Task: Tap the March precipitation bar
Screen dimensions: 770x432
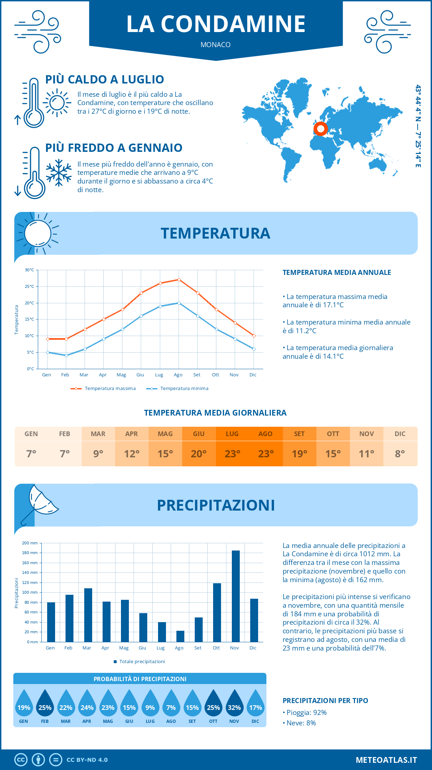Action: [x=88, y=615]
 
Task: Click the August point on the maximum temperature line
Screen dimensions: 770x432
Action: [x=179, y=280]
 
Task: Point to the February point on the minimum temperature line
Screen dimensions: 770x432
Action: [x=66, y=355]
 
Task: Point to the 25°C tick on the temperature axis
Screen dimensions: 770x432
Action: [x=30, y=286]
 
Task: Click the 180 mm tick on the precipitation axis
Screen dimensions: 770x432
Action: [x=30, y=553]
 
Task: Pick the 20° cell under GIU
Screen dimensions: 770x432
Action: [x=199, y=454]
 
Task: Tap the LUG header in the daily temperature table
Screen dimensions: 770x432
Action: [x=232, y=434]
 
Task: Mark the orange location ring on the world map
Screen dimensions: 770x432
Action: [x=320, y=128]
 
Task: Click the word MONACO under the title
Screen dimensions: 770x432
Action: [x=216, y=45]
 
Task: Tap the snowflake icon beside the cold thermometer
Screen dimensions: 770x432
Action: [x=59, y=173]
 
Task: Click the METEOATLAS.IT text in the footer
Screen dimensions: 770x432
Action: [x=386, y=760]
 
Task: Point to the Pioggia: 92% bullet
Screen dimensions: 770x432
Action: [x=305, y=713]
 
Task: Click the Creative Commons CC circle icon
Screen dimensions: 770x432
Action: [x=21, y=760]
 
